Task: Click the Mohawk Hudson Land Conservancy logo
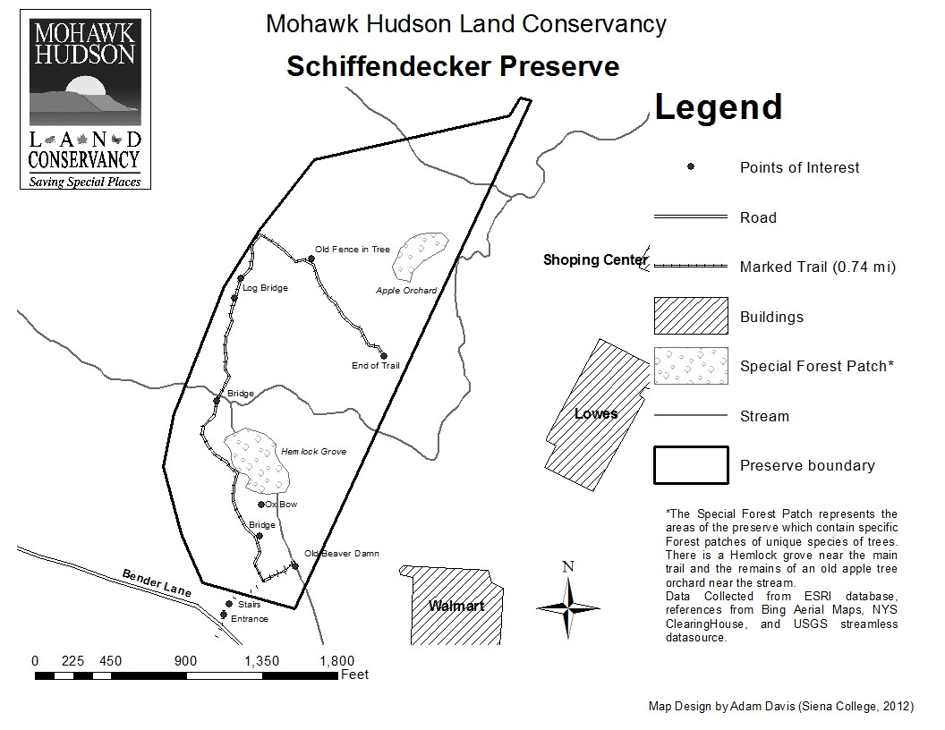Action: tap(85, 98)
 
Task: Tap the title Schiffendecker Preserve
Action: tap(452, 67)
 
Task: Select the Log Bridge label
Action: tap(265, 288)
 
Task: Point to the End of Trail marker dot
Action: tap(384, 355)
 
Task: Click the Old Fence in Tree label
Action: tap(353, 250)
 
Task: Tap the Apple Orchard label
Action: tap(406, 290)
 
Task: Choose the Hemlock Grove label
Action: tap(313, 452)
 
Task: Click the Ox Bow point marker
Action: tap(261, 505)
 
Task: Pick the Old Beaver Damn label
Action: tap(341, 554)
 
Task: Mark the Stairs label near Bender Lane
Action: tap(250, 605)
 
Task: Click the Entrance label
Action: tap(250, 619)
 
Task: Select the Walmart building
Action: tap(455, 605)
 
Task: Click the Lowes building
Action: tap(595, 413)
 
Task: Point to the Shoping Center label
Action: tap(595, 260)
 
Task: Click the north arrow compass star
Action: tap(566, 607)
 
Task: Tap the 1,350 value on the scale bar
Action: tap(262, 661)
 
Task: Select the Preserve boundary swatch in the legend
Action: tap(689, 465)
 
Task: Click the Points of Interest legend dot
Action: tap(690, 167)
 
